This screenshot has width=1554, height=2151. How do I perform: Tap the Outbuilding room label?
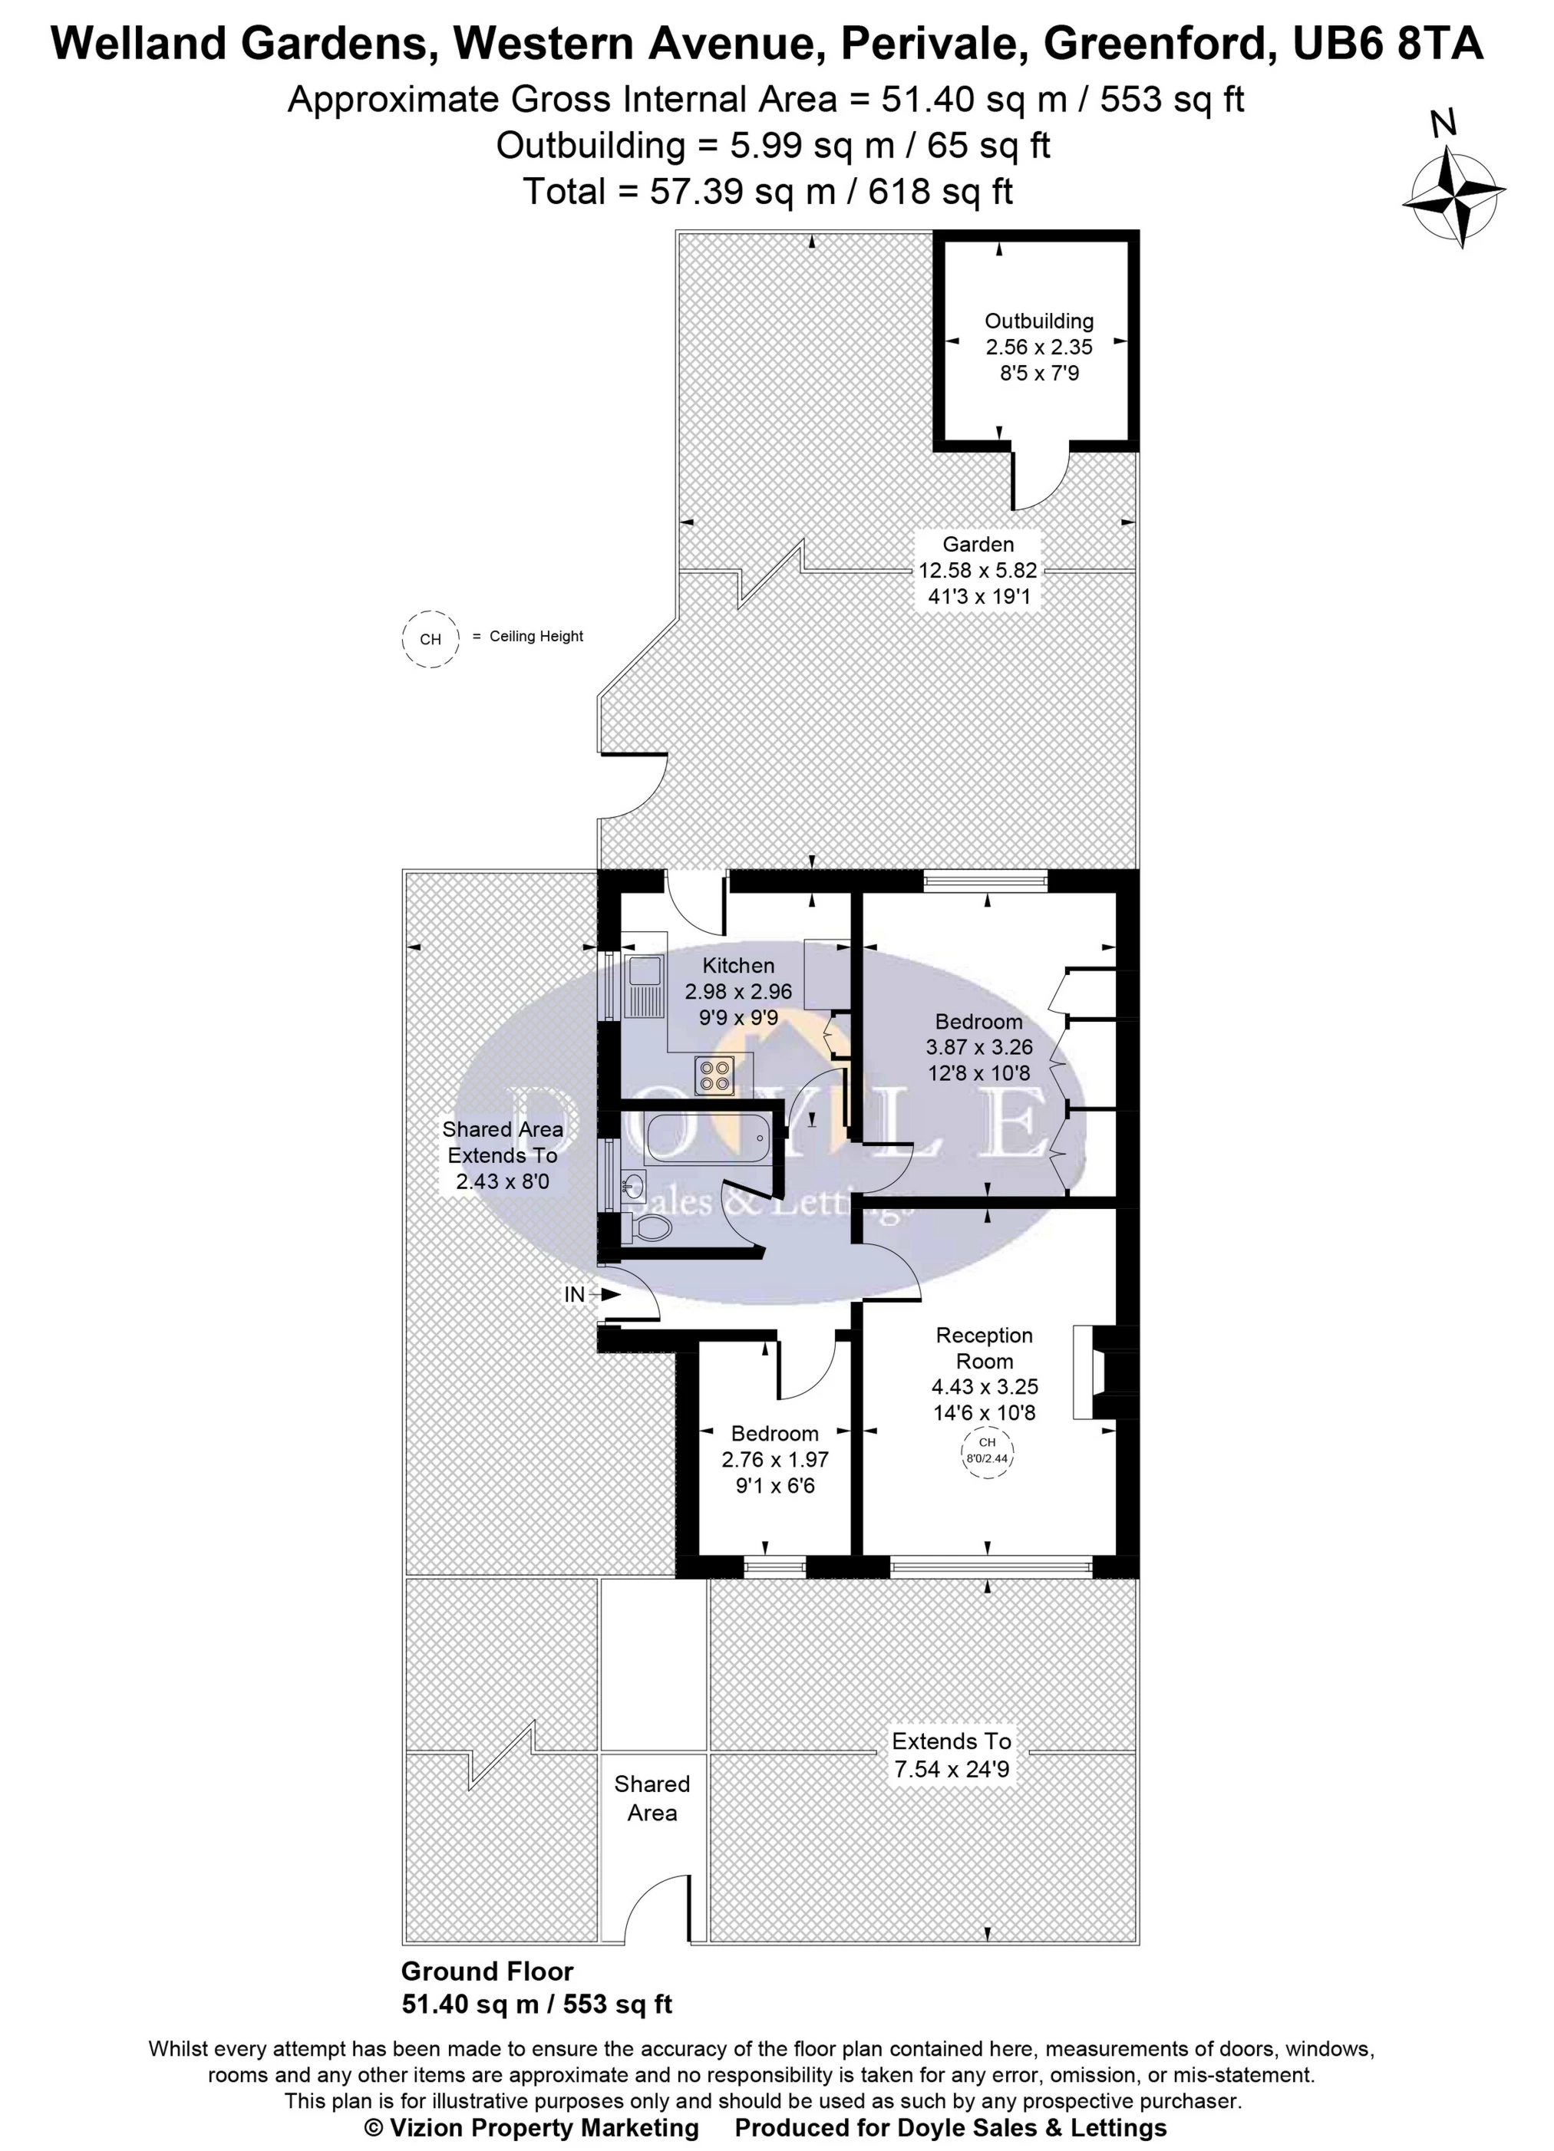click(x=1039, y=321)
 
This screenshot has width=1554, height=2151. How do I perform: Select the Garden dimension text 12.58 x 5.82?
click(x=977, y=571)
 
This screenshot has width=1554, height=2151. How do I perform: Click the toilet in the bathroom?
click(x=649, y=1228)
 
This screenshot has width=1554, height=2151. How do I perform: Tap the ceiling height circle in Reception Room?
click(x=987, y=1452)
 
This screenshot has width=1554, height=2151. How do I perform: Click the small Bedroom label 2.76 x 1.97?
click(x=774, y=1460)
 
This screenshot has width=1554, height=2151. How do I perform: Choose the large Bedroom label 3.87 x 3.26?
click(x=979, y=1047)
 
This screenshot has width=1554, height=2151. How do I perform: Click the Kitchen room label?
click(x=738, y=966)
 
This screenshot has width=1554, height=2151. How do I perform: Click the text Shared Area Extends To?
click(x=502, y=1142)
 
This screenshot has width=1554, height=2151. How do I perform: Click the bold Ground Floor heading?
click(x=487, y=1971)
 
